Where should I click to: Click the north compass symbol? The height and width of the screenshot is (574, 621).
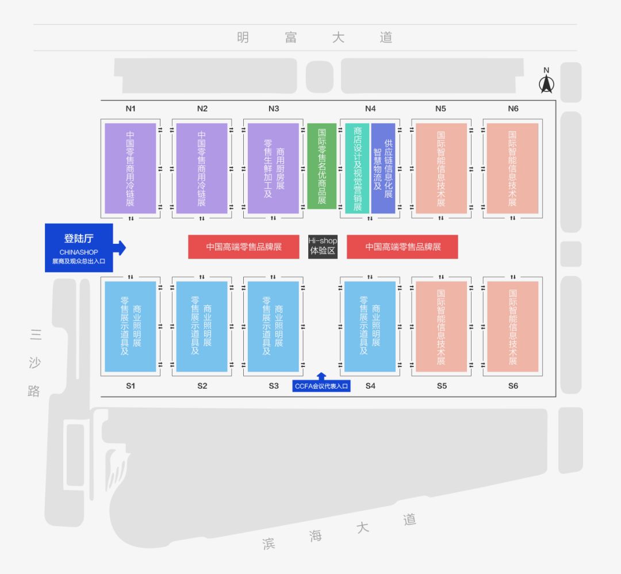tap(546, 81)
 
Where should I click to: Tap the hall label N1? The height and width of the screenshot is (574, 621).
tap(131, 109)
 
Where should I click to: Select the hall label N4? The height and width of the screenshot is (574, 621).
tap(370, 109)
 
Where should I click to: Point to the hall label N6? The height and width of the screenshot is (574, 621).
tap(513, 109)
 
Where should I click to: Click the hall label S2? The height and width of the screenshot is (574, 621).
tap(202, 386)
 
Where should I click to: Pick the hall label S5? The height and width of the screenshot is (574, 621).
tap(441, 386)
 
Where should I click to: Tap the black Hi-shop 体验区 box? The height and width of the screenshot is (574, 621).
tap(322, 246)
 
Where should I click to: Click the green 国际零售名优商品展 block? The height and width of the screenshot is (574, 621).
tap(321, 166)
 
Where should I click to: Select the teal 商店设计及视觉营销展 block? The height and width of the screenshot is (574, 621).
tap(357, 168)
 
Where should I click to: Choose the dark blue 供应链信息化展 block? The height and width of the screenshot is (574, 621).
tap(384, 168)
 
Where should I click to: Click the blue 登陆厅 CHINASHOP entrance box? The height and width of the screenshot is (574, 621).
tap(79, 248)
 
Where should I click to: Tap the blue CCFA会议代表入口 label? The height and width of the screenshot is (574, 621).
tap(321, 387)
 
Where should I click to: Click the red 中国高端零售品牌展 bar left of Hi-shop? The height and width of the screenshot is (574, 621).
tap(244, 247)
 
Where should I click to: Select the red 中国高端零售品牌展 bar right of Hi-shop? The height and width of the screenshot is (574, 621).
tap(402, 247)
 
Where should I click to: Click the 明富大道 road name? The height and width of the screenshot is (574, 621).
tap(314, 38)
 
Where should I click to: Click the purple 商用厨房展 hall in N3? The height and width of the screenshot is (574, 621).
tap(273, 168)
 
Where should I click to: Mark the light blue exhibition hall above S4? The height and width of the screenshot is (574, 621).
tap(370, 326)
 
